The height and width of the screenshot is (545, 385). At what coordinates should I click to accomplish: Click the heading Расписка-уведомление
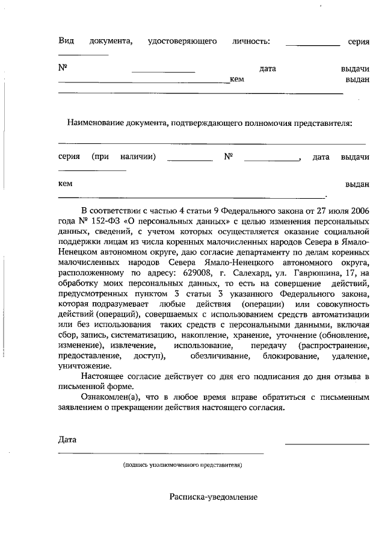214,497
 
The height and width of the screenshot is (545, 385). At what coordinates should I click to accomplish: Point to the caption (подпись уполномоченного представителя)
182,466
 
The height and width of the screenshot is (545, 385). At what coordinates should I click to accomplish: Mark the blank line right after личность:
312,45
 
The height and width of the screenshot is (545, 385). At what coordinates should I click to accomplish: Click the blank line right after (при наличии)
189,161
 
